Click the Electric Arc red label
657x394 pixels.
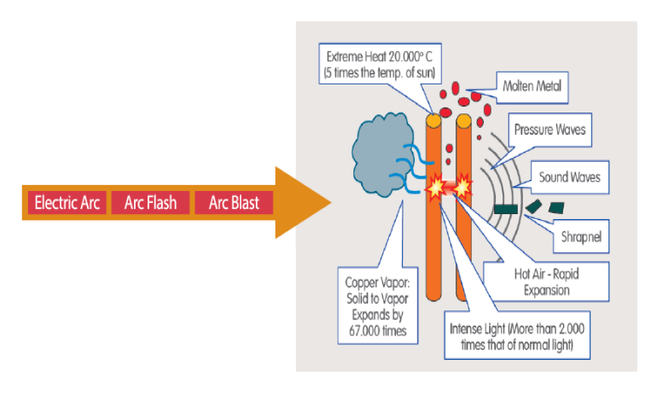(x=67, y=203)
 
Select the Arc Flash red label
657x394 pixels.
(x=150, y=203)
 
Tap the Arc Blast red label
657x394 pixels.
(x=233, y=203)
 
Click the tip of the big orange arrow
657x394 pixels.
(x=328, y=203)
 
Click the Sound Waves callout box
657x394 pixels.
(x=568, y=177)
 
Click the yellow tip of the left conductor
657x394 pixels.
(x=433, y=121)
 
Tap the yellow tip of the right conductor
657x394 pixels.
(x=463, y=121)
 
